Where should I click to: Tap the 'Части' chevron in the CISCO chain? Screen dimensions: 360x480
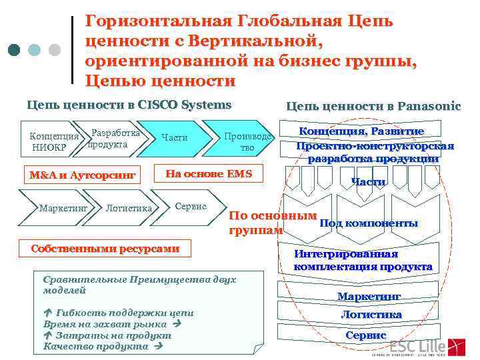coord(175,138)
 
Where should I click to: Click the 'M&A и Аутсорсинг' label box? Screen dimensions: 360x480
coord(83,175)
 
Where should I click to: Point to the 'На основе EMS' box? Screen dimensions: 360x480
coord(209,173)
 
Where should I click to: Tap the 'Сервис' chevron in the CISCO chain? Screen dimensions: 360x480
coord(191,207)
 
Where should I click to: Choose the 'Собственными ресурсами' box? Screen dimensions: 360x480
coord(106,249)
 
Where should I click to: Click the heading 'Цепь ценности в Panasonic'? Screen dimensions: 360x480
coord(373,106)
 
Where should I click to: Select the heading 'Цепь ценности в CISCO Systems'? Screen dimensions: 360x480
coord(129,105)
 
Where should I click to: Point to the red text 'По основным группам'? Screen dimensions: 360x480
coord(272,223)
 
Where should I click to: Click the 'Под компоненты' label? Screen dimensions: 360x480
coord(369,223)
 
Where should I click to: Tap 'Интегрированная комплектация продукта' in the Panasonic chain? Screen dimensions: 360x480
coord(363,260)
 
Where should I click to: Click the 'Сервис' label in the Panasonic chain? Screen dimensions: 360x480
coord(365,335)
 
